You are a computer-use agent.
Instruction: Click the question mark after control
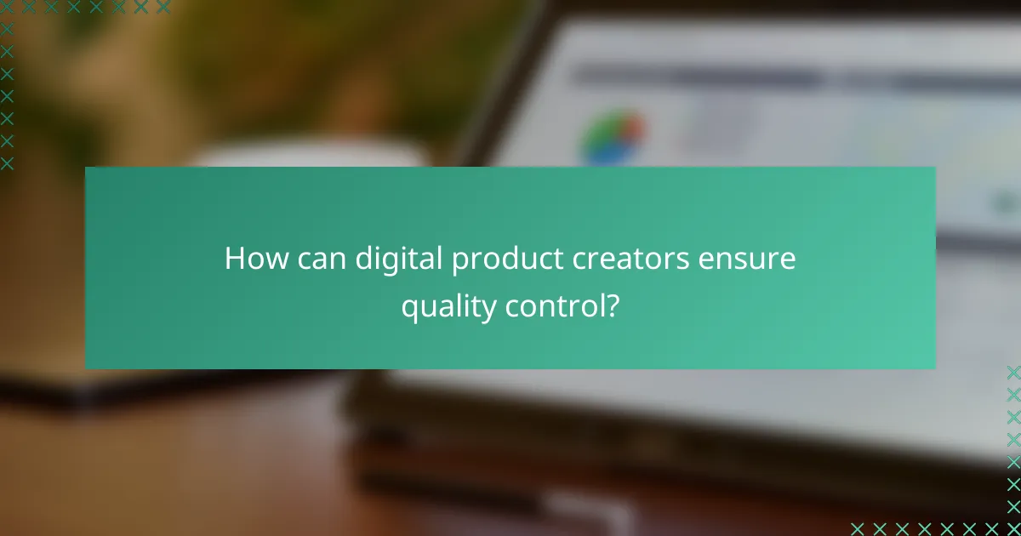(612, 307)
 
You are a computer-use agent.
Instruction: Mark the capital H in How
(233, 259)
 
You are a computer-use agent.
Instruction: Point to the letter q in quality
(409, 311)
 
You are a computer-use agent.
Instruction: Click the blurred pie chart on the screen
(613, 136)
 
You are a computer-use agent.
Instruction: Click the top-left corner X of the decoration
(7, 7)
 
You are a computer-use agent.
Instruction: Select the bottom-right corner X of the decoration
(1013, 528)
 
